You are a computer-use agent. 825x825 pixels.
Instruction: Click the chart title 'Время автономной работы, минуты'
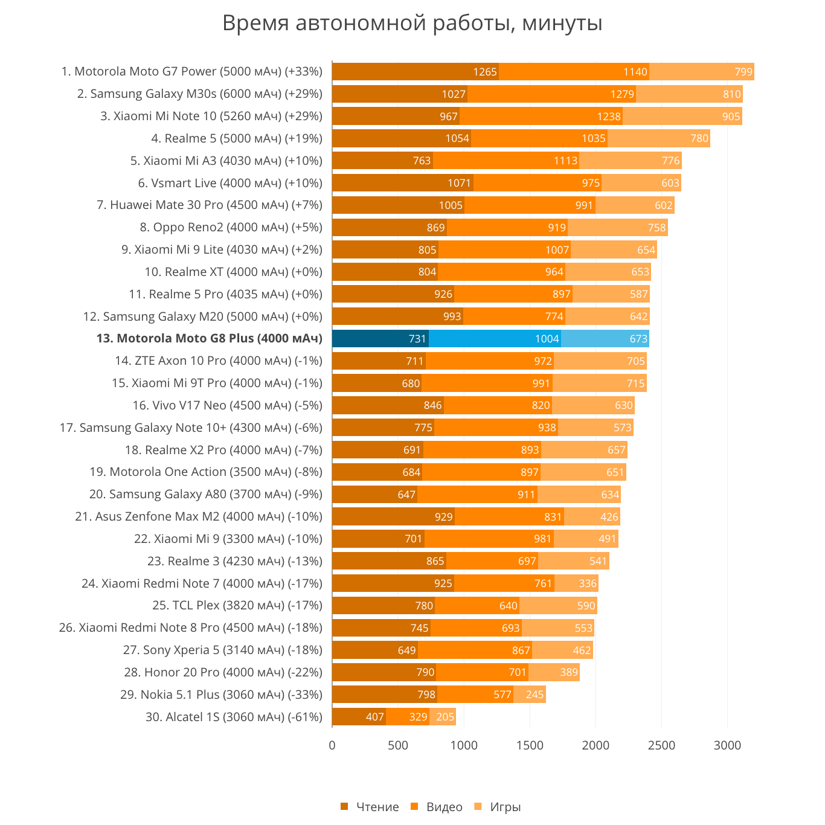[412, 24]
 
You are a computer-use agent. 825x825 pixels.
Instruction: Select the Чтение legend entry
[370, 807]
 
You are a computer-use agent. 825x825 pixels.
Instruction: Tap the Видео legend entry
[437, 807]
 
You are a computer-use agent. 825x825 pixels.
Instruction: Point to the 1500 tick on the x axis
[530, 745]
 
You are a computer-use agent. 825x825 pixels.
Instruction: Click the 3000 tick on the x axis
[727, 745]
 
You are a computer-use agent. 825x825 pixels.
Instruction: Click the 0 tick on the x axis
[332, 745]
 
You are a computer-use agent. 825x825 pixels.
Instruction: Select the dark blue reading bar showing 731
[380, 339]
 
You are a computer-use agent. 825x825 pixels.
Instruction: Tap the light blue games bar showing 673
[605, 339]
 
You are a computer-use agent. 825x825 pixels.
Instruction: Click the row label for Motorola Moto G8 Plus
[209, 339]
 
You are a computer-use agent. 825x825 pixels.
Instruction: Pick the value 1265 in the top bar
[484, 72]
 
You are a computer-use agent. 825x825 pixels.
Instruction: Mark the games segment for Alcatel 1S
[443, 717]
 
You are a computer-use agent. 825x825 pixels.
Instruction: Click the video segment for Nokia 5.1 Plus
[475, 695]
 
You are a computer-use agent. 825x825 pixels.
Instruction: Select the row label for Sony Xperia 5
[222, 650]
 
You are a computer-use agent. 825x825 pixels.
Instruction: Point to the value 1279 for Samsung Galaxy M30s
[622, 94]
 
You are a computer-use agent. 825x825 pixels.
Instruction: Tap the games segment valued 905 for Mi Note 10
[682, 117]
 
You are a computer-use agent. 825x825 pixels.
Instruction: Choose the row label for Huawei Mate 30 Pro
[209, 205]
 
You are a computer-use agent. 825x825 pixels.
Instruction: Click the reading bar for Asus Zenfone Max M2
[393, 517]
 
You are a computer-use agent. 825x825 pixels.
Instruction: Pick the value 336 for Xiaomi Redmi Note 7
[588, 583]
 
